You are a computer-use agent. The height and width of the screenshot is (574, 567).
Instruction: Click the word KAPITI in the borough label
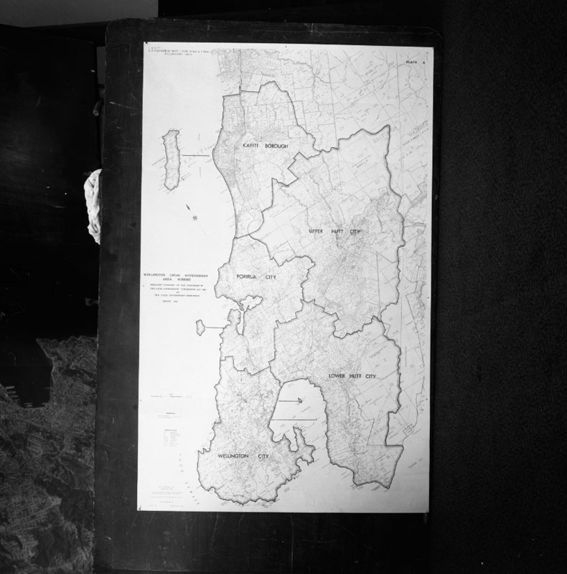[250, 146]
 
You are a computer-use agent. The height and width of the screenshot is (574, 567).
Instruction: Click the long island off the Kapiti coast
[171, 159]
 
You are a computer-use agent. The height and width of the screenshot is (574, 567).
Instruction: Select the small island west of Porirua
[201, 327]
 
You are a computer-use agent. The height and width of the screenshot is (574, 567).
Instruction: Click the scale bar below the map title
[172, 395]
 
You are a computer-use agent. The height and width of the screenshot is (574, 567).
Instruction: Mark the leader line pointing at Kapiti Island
[195, 156]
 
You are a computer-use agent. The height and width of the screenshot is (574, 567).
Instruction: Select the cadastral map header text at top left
[175, 51]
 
